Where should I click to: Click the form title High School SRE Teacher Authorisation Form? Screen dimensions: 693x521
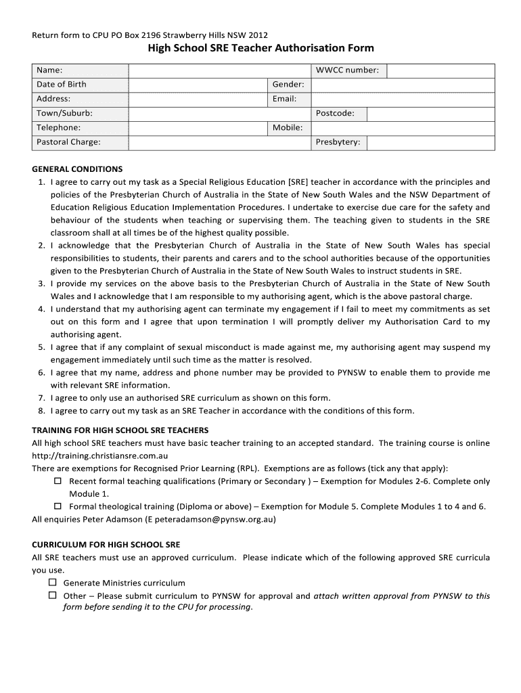tap(260, 48)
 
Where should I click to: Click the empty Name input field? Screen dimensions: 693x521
tap(219, 70)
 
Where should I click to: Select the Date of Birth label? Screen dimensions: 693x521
tap(62, 85)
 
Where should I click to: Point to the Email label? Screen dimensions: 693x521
tap(285, 99)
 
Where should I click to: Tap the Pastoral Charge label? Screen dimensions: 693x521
tap(68, 142)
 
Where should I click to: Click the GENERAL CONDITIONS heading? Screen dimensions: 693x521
tap(77, 169)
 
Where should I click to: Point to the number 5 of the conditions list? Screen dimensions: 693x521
tap(41, 347)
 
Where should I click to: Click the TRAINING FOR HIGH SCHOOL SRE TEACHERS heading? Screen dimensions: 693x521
tap(120, 430)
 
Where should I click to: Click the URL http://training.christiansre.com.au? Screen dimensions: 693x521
tap(99, 455)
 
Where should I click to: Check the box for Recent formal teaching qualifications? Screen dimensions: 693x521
tap(58, 480)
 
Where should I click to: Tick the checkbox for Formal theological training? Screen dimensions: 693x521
tap(58, 506)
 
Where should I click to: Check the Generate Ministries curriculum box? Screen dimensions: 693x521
tap(52, 583)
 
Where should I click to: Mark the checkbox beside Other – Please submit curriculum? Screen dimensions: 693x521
tap(52, 596)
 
